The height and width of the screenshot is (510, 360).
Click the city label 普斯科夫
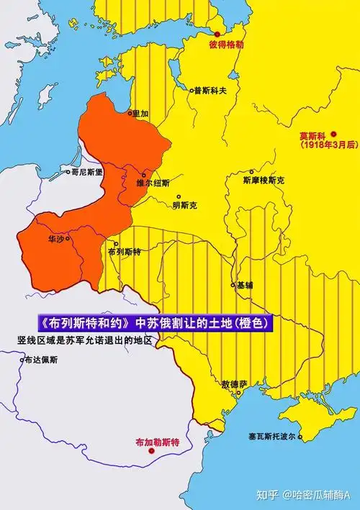tap(210, 91)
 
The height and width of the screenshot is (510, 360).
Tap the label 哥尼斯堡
tap(87, 172)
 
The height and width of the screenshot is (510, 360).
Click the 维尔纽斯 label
tap(153, 183)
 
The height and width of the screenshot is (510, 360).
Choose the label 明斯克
tap(184, 206)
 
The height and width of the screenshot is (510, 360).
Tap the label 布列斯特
tap(125, 252)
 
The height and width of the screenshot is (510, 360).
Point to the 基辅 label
tap(245, 285)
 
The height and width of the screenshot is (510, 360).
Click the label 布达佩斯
tap(42, 359)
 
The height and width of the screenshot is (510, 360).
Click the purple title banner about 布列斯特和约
tap(156, 324)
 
